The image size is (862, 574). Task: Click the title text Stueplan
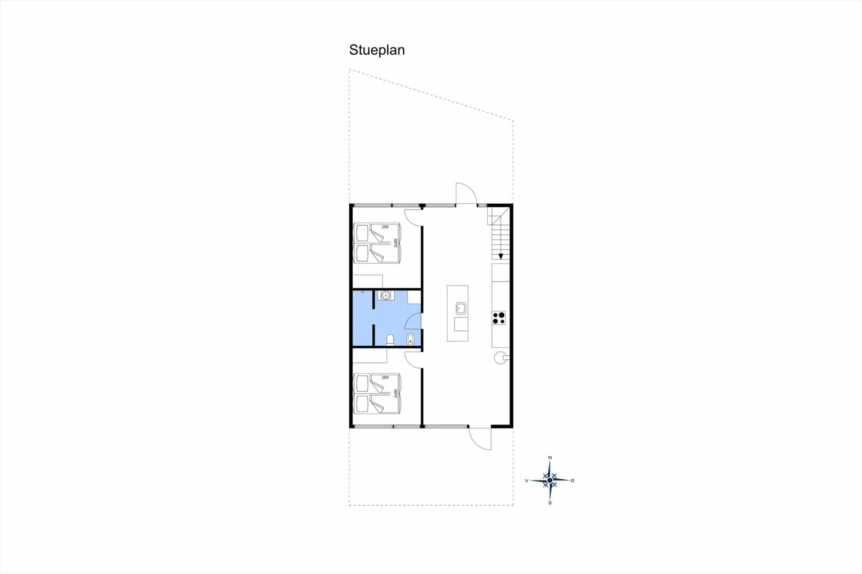click(377, 50)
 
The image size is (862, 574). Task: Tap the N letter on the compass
click(550, 458)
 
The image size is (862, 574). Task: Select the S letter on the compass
click(550, 503)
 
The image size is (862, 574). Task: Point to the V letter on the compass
click(527, 481)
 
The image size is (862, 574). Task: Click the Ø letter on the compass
click(572, 481)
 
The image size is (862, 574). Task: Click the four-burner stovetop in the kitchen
click(499, 318)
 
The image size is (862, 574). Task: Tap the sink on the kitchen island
click(461, 308)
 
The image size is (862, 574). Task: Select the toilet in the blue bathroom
click(390, 340)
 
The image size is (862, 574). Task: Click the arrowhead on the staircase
click(501, 257)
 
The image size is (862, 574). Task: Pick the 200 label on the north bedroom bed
click(385, 227)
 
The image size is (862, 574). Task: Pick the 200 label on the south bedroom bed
click(385, 377)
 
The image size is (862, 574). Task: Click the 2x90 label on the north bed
click(396, 243)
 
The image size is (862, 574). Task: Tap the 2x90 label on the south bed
click(396, 393)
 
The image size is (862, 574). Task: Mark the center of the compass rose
click(550, 481)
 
